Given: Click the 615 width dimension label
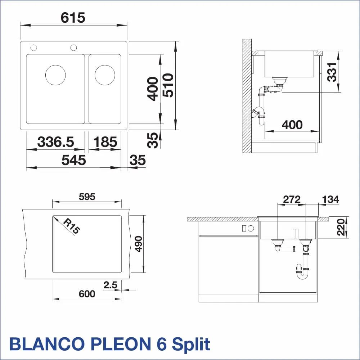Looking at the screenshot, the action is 73,18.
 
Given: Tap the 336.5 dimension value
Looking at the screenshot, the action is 55,141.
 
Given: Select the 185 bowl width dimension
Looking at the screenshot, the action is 105,141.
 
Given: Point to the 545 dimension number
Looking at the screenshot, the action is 73,160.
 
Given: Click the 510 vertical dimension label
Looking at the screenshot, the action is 168,85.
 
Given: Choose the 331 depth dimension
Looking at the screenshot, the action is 332,72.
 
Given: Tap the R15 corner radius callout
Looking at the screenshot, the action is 71,226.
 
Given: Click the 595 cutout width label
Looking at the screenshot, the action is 87,197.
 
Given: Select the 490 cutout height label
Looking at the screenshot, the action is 138,244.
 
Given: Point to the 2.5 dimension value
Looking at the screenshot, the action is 110,285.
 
